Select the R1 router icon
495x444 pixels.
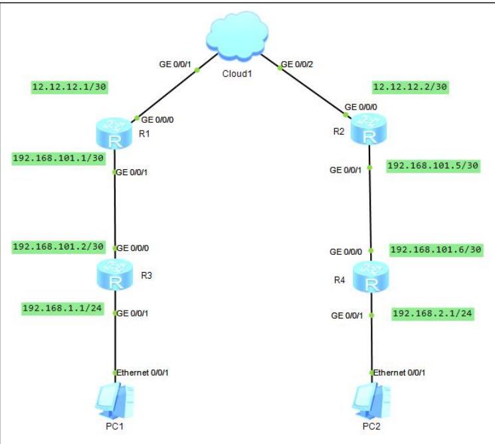[x=116, y=131]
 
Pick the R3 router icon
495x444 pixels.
[x=116, y=275]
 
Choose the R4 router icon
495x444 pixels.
[x=371, y=277]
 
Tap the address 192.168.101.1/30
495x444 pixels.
[x=59, y=158]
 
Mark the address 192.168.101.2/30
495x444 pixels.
[x=59, y=246]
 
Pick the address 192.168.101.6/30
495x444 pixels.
[x=436, y=250]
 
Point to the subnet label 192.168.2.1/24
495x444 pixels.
[x=433, y=313]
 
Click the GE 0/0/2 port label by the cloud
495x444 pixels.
[x=297, y=65]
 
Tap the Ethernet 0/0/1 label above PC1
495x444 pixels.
[x=144, y=372]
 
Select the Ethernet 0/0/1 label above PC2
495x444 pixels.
[x=399, y=372]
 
